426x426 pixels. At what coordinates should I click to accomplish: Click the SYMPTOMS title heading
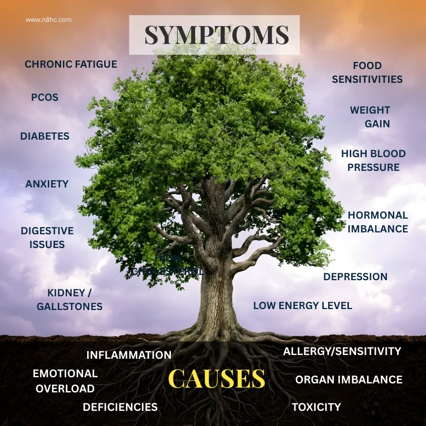[216, 35]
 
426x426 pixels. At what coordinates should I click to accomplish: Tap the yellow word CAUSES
[216, 379]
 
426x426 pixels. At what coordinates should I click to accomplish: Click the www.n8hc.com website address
[49, 20]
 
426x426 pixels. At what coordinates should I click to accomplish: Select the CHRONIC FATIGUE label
[71, 64]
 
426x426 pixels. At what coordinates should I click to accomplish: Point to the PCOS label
[45, 98]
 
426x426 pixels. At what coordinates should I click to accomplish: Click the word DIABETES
[45, 136]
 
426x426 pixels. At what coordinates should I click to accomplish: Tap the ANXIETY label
[47, 184]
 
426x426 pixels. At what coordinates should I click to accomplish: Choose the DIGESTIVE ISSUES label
[47, 238]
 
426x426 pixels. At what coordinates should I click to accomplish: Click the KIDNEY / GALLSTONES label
[70, 300]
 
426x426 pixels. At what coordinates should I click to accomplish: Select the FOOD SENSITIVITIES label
[367, 72]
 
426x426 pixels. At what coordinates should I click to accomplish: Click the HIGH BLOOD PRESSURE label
[373, 160]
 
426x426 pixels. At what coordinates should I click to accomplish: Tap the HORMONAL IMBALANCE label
[378, 222]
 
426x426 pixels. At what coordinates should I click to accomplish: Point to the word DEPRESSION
[355, 277]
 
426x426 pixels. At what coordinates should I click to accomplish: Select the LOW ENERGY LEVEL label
[302, 306]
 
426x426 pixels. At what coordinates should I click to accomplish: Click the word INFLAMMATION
[129, 355]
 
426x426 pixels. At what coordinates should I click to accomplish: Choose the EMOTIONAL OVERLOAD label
[65, 381]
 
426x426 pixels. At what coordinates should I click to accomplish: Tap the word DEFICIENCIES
[120, 407]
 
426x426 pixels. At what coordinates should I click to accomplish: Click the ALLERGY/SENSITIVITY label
[342, 351]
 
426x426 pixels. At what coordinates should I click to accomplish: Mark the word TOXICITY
[316, 407]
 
